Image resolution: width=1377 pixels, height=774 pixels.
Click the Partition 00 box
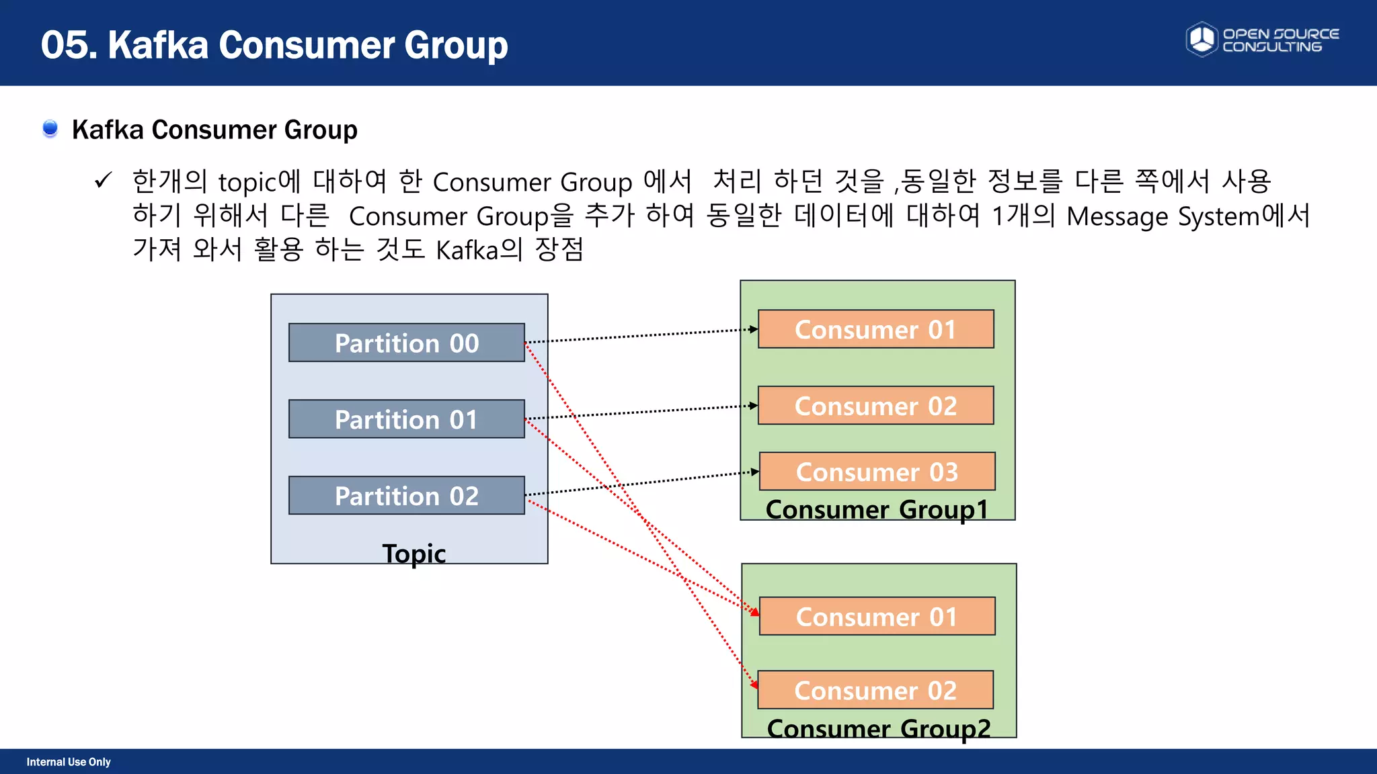[x=406, y=343]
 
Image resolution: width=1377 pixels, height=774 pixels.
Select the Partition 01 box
[x=406, y=419]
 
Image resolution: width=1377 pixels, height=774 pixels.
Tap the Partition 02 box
[x=406, y=496]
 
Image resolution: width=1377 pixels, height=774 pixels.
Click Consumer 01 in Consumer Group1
[x=875, y=329]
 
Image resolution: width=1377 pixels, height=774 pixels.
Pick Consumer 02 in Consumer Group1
[x=875, y=406]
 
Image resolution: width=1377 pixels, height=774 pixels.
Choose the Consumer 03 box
[x=877, y=472]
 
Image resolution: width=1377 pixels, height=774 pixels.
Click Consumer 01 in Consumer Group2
[x=877, y=616]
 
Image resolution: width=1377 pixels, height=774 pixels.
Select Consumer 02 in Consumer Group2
[x=875, y=690]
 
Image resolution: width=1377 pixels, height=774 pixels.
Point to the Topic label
[x=414, y=554]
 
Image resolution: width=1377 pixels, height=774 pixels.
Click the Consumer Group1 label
[x=877, y=509]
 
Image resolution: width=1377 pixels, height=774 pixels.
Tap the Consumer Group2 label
[x=878, y=728]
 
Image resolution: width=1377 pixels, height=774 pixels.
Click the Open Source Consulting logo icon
[x=1202, y=40]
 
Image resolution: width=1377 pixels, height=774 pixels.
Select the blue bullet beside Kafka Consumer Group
[x=50, y=128]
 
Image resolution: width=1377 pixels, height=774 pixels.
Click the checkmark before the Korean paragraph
[x=103, y=180]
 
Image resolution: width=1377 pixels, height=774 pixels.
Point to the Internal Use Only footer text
[x=69, y=762]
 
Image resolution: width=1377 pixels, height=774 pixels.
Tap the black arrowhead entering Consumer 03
[x=755, y=472]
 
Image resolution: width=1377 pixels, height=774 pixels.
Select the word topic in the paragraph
[x=247, y=183]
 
